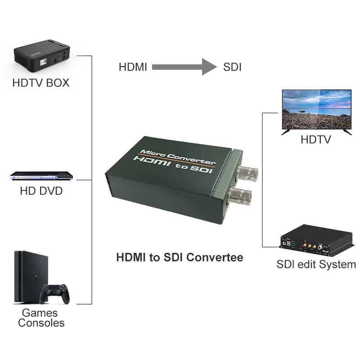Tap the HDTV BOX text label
click(41, 83)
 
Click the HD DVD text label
click(41, 191)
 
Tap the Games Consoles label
click(41, 318)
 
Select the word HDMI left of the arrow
click(133, 67)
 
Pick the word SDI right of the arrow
click(233, 67)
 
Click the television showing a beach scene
click(316, 108)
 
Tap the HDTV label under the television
click(316, 140)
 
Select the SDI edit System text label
click(316, 264)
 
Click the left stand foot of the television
click(286, 131)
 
